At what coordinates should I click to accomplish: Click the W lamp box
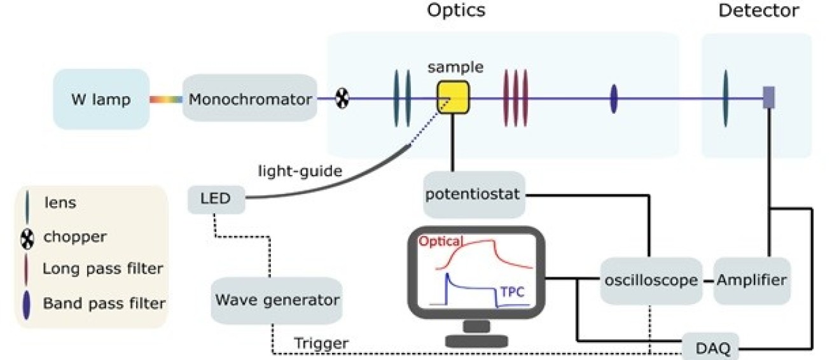click(x=101, y=99)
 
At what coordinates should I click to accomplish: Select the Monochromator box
click(x=250, y=99)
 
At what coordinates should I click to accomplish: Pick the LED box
click(x=217, y=200)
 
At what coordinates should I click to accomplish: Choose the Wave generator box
click(x=277, y=300)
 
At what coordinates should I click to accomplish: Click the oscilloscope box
click(x=649, y=280)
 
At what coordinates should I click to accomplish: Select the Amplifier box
click(x=752, y=280)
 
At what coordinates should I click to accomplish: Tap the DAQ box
click(x=711, y=347)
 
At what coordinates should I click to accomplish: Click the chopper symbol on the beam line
click(x=342, y=99)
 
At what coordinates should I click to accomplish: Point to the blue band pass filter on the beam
click(x=613, y=99)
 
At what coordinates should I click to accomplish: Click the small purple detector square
click(x=768, y=97)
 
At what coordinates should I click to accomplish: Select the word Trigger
click(x=321, y=344)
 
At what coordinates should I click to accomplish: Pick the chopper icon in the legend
click(x=26, y=237)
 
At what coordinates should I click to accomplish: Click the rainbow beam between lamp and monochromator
click(x=166, y=99)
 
